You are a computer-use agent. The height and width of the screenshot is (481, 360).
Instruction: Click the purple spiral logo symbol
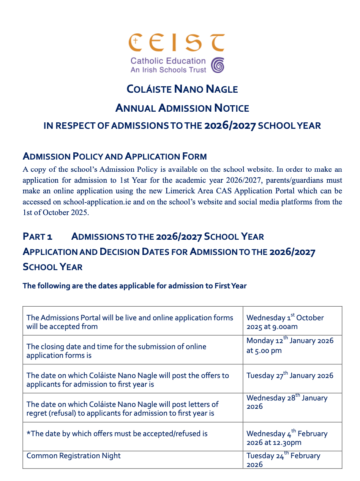click(x=218, y=65)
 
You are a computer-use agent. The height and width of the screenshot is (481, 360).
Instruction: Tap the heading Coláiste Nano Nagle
click(x=182, y=89)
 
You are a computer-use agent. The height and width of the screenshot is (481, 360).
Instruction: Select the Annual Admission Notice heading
click(x=182, y=108)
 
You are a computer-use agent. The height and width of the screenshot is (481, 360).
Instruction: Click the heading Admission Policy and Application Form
click(x=115, y=156)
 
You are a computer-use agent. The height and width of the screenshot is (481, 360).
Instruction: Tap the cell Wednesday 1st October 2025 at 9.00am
click(x=285, y=322)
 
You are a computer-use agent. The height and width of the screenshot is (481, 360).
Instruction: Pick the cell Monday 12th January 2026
click(x=290, y=345)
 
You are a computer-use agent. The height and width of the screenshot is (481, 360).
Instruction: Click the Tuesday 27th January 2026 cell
click(x=290, y=376)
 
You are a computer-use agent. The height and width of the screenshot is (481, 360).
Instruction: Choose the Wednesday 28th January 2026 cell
click(x=287, y=402)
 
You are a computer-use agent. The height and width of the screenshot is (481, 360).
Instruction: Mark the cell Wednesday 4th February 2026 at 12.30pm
click(x=287, y=438)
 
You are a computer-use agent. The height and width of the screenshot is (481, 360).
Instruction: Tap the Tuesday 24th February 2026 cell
click(x=283, y=460)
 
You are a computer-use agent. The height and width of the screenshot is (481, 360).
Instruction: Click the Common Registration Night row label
click(x=73, y=456)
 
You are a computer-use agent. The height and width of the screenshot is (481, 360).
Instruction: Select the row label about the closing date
click(x=116, y=351)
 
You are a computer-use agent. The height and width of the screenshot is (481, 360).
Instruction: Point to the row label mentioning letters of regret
click(x=122, y=408)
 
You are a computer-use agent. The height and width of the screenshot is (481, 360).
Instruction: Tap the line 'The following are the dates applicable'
click(x=134, y=286)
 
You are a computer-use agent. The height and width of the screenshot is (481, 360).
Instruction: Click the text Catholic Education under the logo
click(x=168, y=61)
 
